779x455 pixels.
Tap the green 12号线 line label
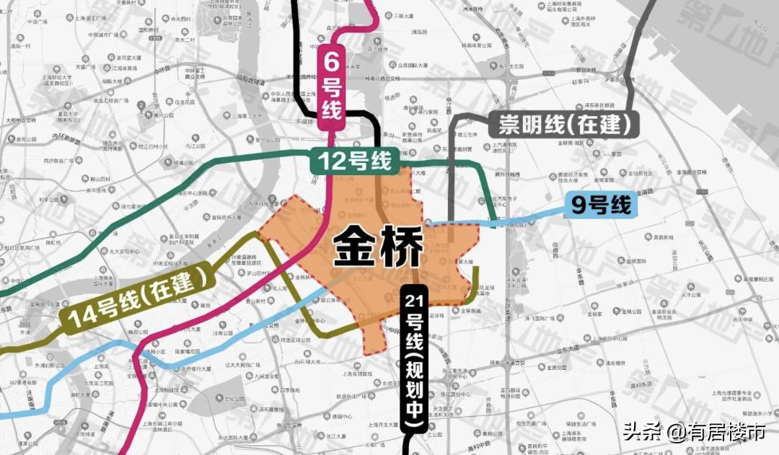point(352,160)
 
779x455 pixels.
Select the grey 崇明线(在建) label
point(564,125)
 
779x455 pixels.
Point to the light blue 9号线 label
point(601,206)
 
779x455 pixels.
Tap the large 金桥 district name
point(378,247)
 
